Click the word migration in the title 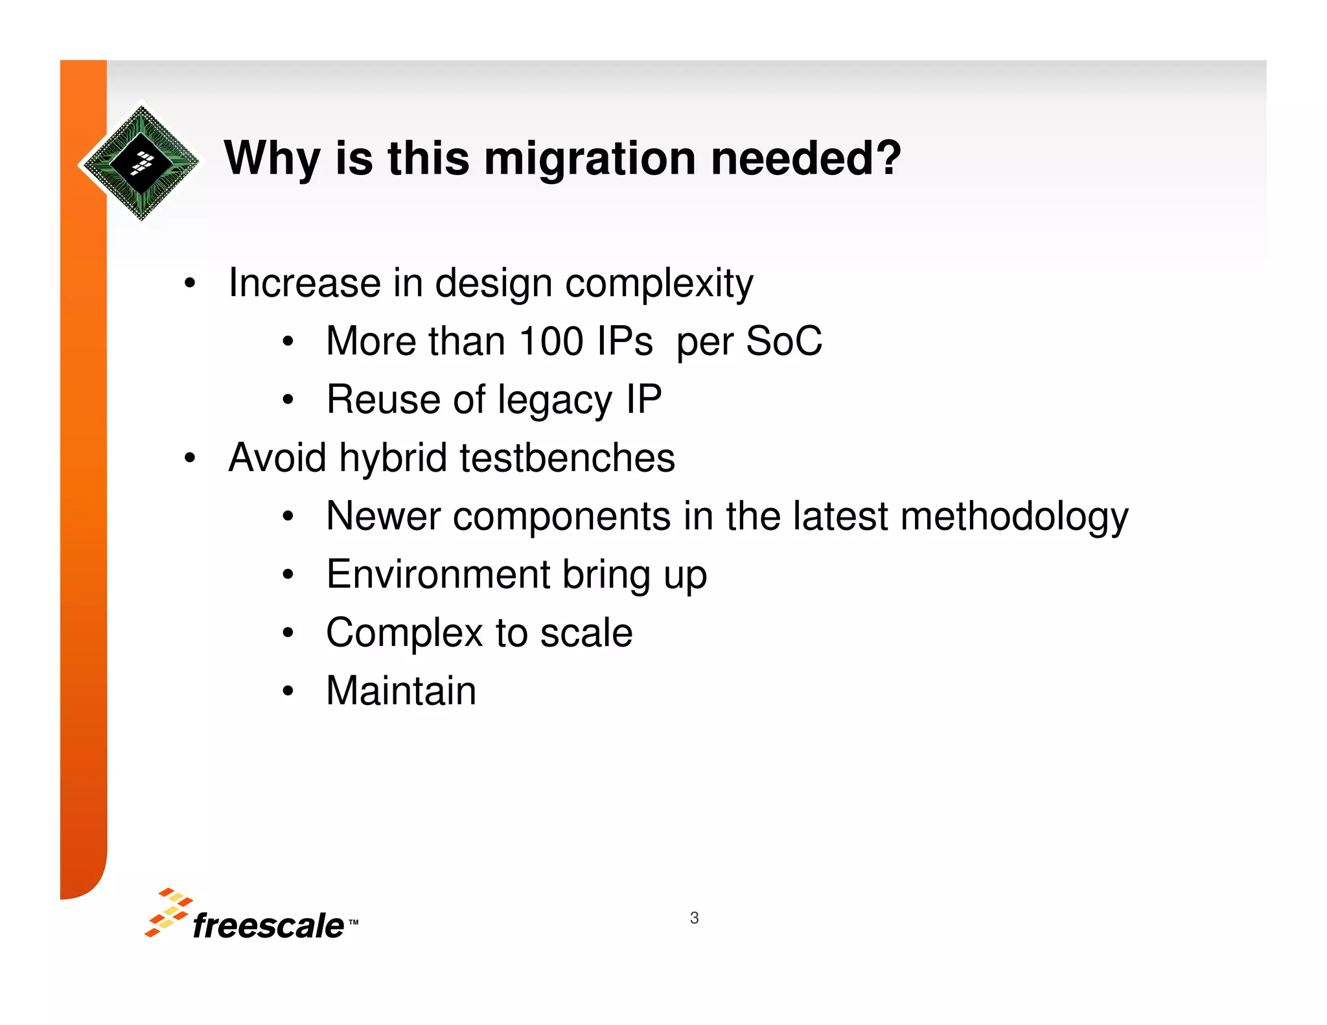tap(590, 159)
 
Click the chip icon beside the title tap(141, 162)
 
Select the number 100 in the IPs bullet tap(551, 341)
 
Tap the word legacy tap(555, 400)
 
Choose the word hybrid tap(393, 457)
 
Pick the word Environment tap(438, 575)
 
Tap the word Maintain tap(401, 691)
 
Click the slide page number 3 tap(694, 918)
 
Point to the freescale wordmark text tap(268, 925)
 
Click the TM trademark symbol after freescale tap(353, 921)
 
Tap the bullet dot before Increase tap(189, 284)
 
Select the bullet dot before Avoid tap(189, 458)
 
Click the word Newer tap(383, 516)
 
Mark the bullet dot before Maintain tap(288, 691)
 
